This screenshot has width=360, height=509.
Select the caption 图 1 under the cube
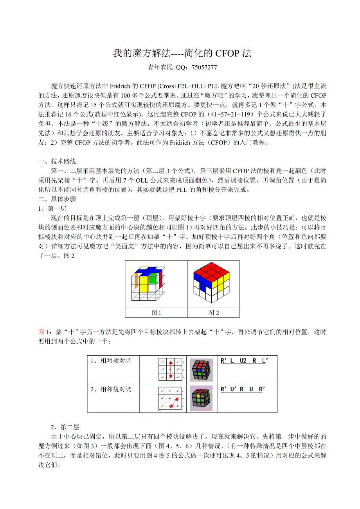point(157,313)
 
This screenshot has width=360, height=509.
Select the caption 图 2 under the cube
point(214,313)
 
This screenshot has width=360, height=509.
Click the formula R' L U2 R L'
point(244,361)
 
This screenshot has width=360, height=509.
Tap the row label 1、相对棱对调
point(111,361)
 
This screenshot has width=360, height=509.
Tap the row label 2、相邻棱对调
point(111,389)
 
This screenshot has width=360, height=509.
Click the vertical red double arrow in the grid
point(171,369)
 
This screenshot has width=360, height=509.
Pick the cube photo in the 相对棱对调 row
point(201,369)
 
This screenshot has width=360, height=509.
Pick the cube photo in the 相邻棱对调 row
point(201,398)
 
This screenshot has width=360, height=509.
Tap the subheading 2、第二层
point(65,427)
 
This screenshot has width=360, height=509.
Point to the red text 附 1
point(43,332)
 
